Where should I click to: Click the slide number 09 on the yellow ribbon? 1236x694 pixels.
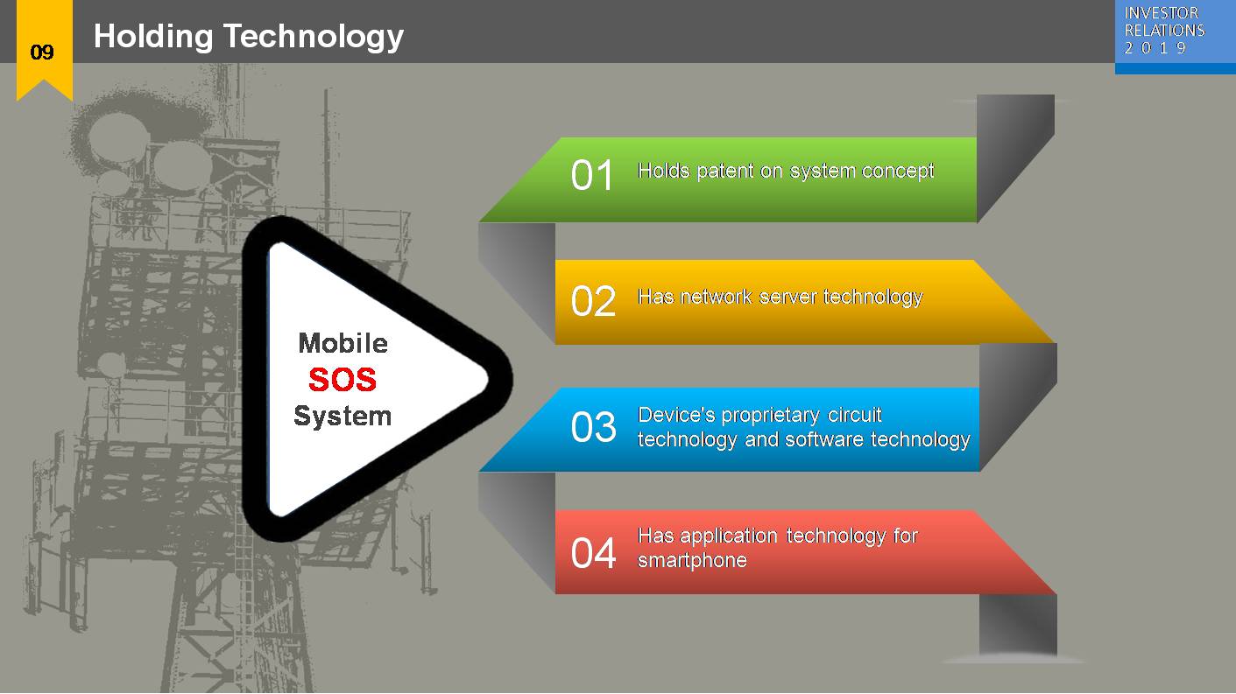click(42, 53)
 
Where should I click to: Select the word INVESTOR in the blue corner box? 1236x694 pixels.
click(1161, 13)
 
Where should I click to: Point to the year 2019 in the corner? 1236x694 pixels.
click(1155, 48)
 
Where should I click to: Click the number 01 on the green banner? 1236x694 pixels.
click(593, 176)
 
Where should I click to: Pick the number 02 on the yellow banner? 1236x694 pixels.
click(593, 302)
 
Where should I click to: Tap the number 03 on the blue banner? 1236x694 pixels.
click(593, 428)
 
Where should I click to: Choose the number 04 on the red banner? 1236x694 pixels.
click(593, 554)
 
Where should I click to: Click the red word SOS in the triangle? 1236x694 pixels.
click(343, 380)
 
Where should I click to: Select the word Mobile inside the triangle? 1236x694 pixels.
click(343, 343)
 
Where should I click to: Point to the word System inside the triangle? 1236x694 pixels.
click(343, 417)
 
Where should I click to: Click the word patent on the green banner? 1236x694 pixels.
click(724, 171)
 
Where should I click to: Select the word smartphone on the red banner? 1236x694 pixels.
click(692, 560)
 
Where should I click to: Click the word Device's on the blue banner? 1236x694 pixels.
click(670, 415)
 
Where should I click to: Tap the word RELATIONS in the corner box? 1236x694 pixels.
click(1164, 31)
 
